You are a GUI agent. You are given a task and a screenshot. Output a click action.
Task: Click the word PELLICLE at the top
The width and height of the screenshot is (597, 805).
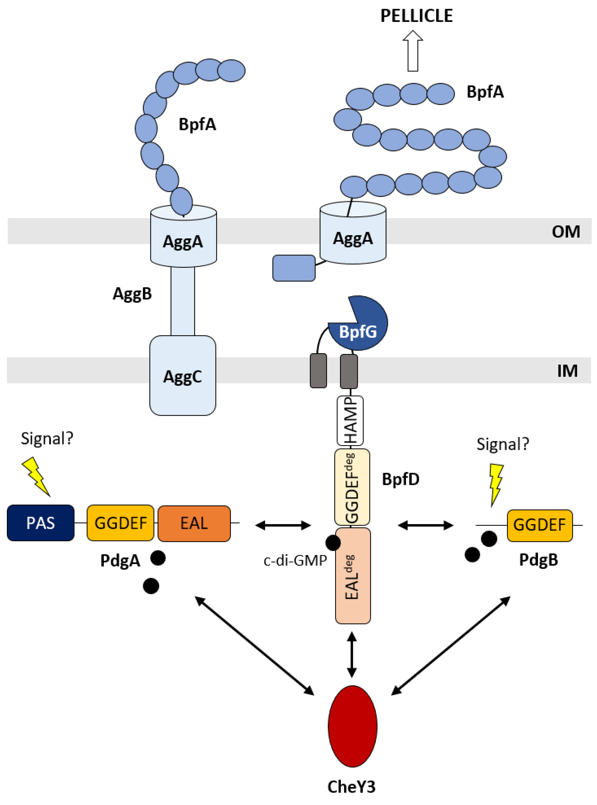[x=416, y=16]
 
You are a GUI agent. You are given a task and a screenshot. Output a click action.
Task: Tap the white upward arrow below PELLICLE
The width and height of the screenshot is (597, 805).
[x=413, y=51]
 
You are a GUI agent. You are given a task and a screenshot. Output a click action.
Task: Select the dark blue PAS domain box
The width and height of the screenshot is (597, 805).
[x=40, y=523]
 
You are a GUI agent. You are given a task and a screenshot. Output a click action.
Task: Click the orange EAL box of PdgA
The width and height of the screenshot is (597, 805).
[x=194, y=523]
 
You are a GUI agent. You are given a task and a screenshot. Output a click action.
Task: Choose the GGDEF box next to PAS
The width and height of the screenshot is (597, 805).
[x=120, y=523]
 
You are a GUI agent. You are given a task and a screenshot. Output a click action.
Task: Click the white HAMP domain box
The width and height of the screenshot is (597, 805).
[x=350, y=421]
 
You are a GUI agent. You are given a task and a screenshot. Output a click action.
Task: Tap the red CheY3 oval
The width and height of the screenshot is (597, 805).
[x=352, y=726]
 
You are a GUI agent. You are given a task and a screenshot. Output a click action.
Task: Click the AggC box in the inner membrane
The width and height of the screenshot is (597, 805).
[x=183, y=375]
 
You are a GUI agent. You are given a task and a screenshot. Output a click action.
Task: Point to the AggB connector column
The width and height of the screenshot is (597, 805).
[x=183, y=301]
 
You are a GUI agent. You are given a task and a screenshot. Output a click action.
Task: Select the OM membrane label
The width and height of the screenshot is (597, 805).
[x=566, y=232]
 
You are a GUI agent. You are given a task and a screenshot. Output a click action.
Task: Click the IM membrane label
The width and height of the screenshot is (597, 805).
[x=567, y=371]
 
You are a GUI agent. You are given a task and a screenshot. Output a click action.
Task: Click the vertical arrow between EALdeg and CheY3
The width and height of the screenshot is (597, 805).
[x=352, y=655]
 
